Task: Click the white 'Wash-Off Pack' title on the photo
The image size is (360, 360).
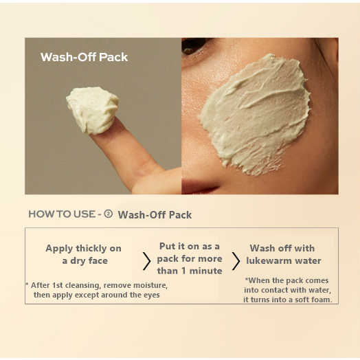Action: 84,57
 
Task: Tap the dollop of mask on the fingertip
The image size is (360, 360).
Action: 93,110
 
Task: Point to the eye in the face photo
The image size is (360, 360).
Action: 194,47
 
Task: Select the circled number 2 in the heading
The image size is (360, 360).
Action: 109,214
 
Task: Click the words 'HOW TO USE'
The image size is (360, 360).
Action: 62,214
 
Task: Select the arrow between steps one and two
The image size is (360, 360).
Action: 146,261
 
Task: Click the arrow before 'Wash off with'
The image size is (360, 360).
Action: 236,261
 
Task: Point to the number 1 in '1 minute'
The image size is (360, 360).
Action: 183,271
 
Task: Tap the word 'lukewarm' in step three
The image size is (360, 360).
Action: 269,261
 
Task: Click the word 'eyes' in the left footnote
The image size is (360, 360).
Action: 152,295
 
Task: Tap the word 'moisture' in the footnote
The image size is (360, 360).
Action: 150,285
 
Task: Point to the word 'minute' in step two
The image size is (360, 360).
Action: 205,271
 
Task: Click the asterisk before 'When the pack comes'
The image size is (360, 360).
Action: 247,279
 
